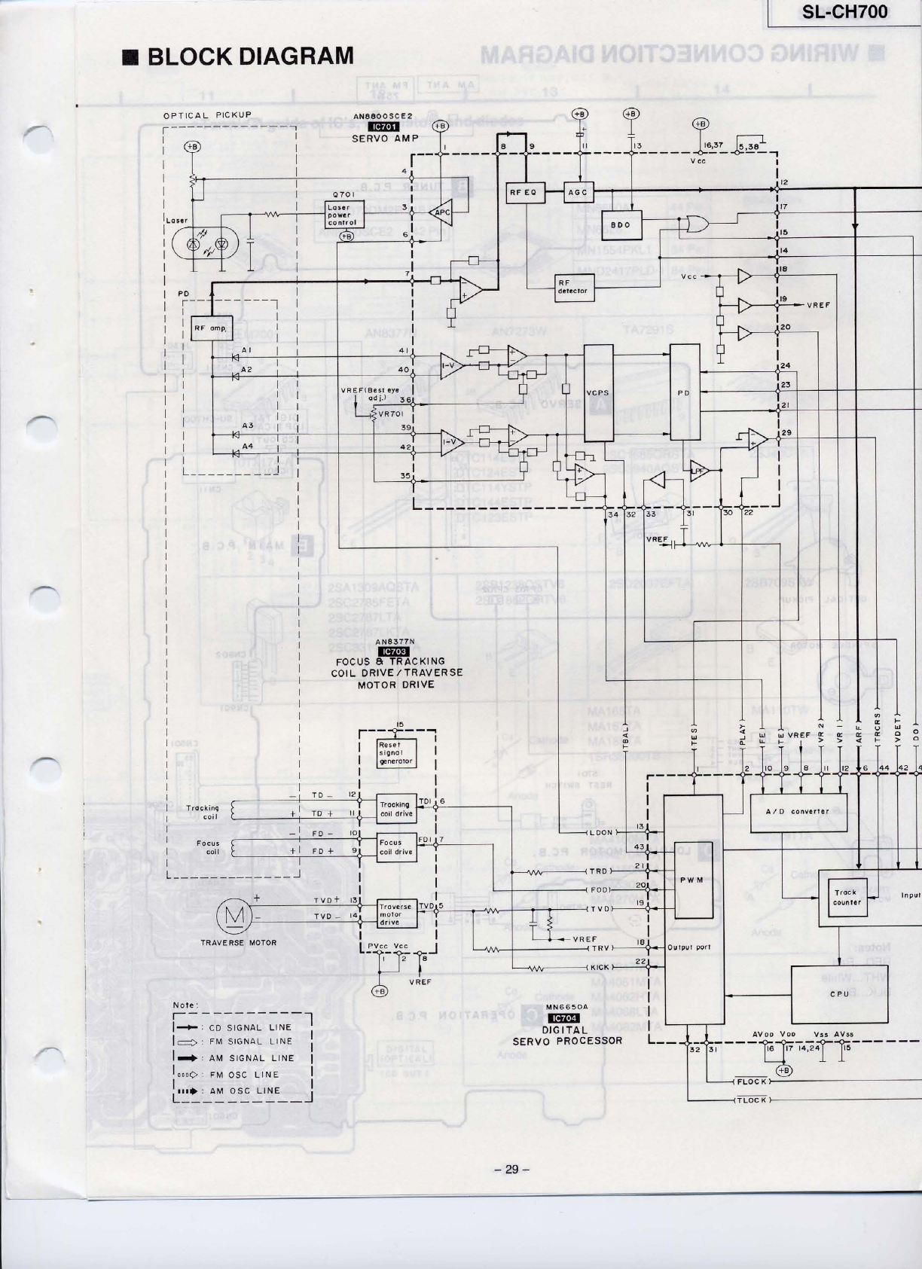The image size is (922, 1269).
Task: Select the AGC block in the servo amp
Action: (x=579, y=191)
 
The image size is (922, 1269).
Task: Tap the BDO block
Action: (x=621, y=225)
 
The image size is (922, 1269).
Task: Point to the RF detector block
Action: (x=572, y=287)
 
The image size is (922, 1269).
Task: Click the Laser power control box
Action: (x=344, y=215)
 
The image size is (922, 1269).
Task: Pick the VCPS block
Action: (x=599, y=393)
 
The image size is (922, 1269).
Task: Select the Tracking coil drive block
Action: (x=396, y=809)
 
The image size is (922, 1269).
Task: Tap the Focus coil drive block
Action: (x=396, y=847)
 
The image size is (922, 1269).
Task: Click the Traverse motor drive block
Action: (x=396, y=914)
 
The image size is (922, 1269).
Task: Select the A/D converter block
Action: (x=799, y=812)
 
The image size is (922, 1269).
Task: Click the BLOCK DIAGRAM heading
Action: (x=240, y=56)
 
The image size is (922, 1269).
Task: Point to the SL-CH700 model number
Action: (x=846, y=12)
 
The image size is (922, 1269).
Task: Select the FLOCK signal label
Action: (x=751, y=1081)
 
